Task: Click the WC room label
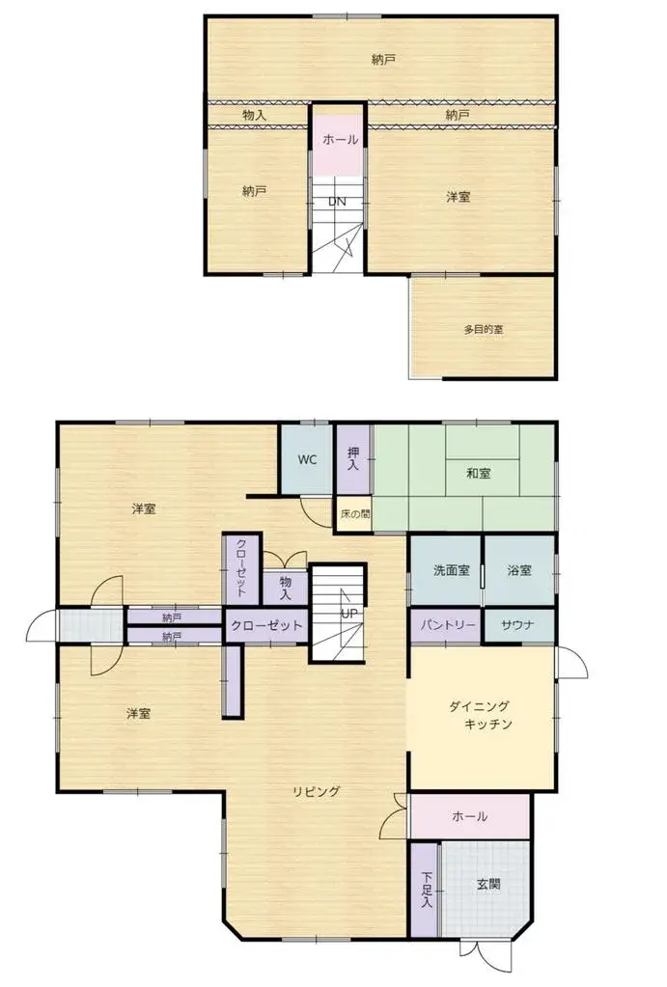point(307,459)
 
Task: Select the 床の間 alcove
point(353,514)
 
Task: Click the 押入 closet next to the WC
point(352,458)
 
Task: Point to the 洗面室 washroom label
point(451,570)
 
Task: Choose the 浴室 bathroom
point(519,570)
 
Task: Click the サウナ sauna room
point(519,625)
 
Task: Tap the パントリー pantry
point(446,625)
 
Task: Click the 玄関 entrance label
point(488,883)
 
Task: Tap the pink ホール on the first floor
point(469,817)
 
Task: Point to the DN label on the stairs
point(337,202)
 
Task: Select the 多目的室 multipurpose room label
point(483,329)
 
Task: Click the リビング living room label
point(317,792)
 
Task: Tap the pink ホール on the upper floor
point(340,140)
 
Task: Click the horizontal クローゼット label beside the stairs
point(266,625)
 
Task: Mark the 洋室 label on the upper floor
point(459,197)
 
